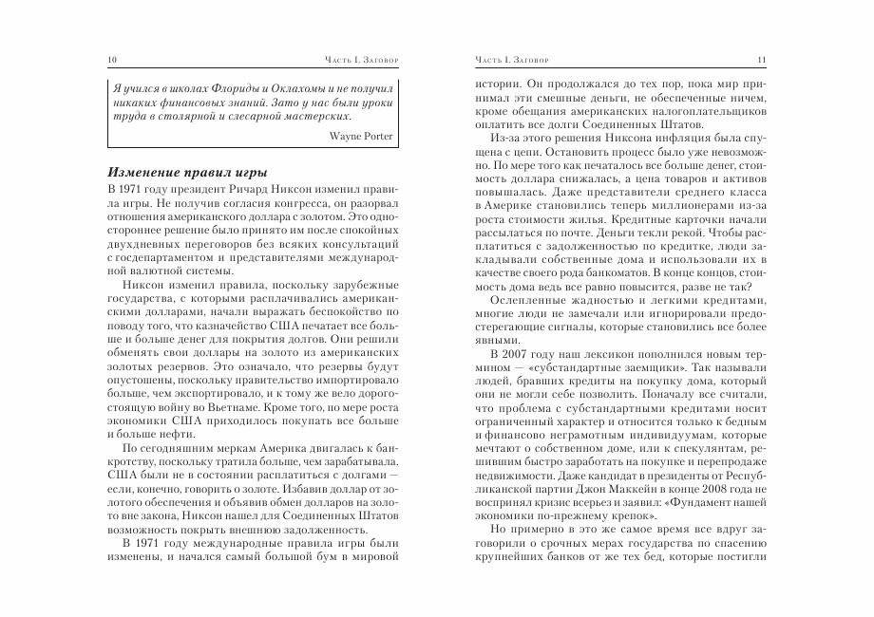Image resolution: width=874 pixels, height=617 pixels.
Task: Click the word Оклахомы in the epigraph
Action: pyautogui.click(x=289, y=86)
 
